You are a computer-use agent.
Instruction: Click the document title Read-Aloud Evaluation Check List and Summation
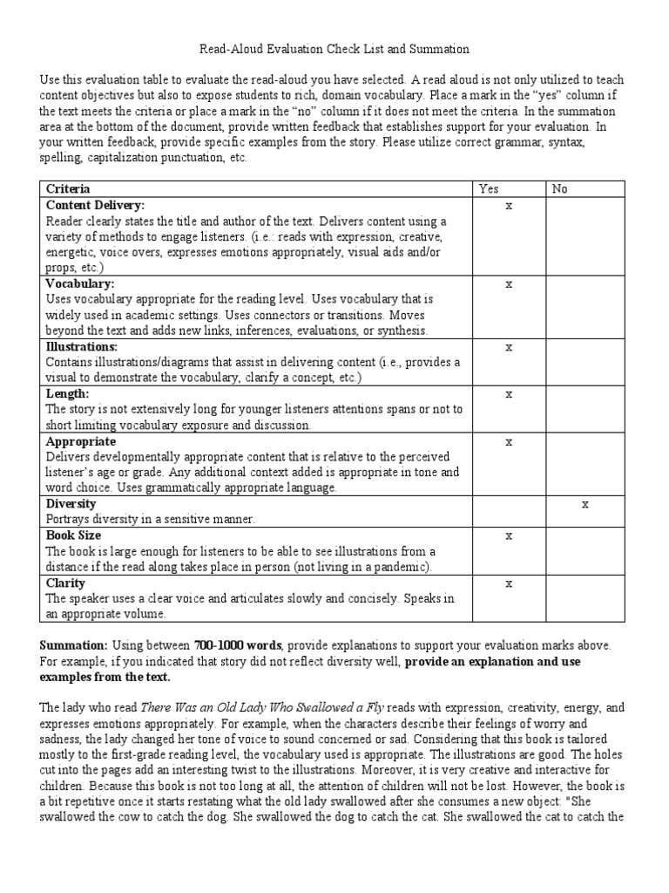334,50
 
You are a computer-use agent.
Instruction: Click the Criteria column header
67,188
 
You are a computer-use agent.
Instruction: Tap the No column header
559,188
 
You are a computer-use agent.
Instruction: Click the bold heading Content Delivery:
95,205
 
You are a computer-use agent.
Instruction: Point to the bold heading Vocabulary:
80,283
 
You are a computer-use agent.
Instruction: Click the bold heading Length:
67,394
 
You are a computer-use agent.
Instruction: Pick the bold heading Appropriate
81,441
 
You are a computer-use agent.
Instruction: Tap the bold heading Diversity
71,504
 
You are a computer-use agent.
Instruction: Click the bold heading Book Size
73,535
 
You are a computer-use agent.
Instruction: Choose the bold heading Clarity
65,583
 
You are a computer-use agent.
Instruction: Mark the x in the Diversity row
585,504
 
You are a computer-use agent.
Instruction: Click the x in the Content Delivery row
510,206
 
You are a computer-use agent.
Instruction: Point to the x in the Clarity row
510,583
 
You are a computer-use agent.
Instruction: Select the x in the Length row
510,394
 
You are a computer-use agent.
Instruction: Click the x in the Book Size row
510,535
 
